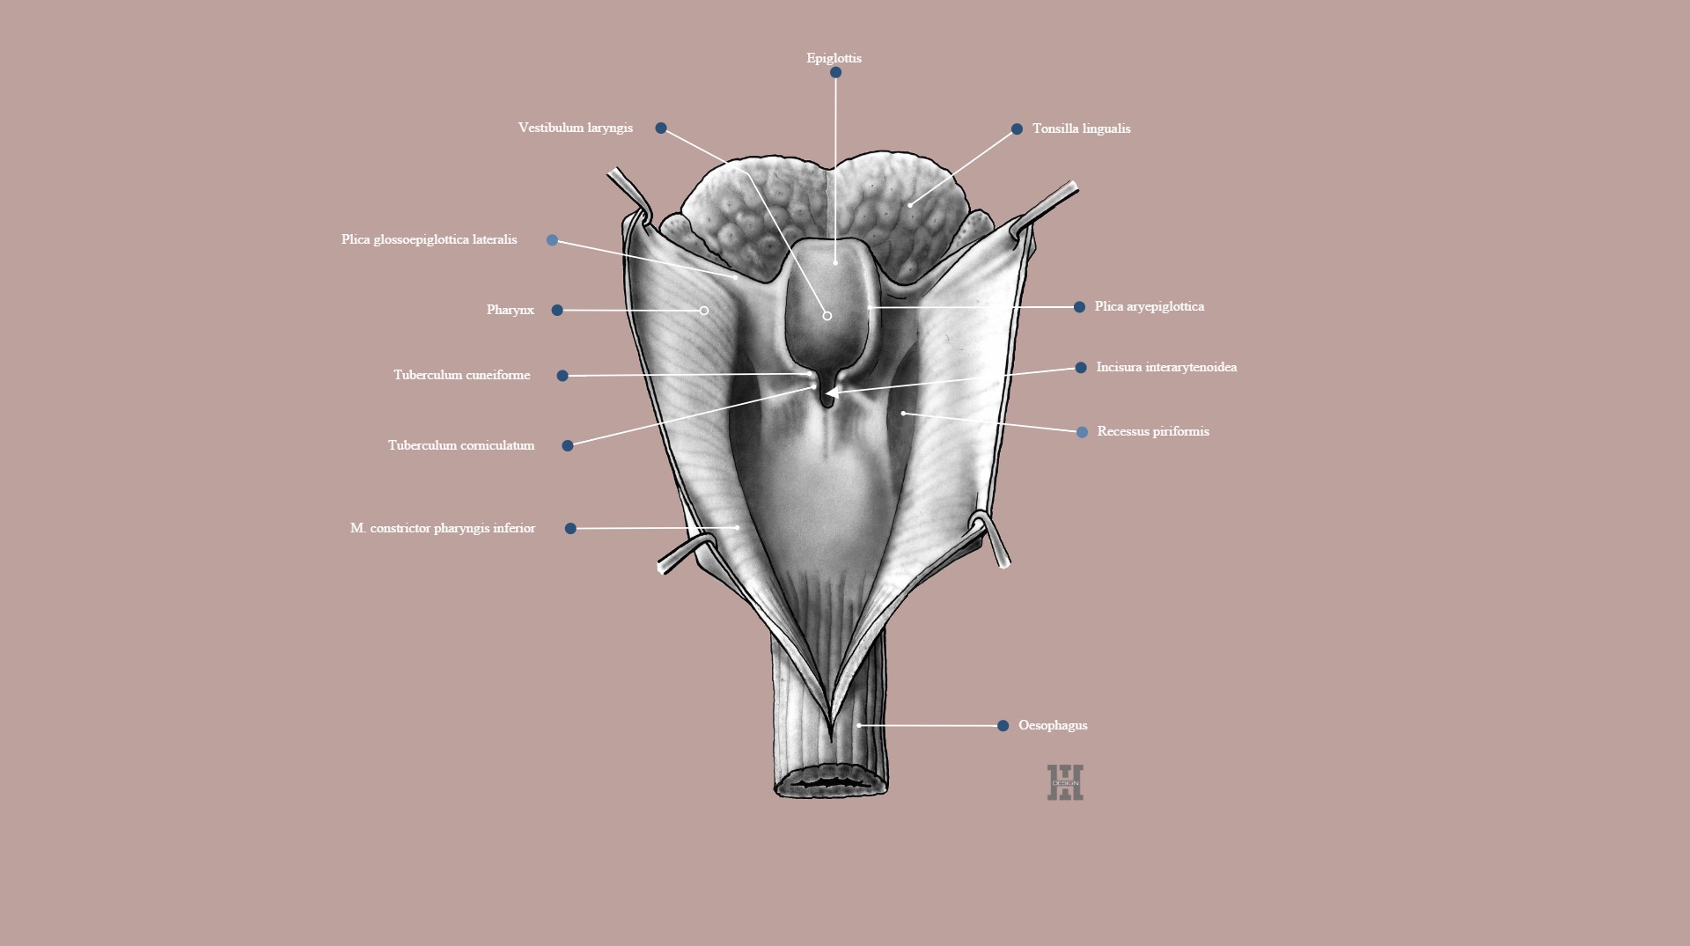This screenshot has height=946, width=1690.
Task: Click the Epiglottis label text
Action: (834, 58)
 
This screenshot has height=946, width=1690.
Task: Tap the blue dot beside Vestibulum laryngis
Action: (661, 128)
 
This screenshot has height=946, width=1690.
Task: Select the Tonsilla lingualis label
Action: (1081, 128)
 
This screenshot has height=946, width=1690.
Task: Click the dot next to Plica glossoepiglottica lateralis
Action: (552, 240)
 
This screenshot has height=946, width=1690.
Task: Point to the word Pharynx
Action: (511, 310)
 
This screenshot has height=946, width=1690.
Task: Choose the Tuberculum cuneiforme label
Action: (461, 375)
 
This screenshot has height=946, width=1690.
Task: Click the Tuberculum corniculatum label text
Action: (461, 445)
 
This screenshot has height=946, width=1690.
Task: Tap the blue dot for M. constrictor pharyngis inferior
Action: (570, 529)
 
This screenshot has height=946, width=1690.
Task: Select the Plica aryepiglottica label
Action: (1150, 306)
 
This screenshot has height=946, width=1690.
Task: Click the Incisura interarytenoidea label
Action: (1166, 367)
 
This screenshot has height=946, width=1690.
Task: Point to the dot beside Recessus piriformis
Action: (1082, 432)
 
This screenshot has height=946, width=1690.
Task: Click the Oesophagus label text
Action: (1053, 725)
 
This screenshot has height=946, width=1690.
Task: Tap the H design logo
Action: (1065, 782)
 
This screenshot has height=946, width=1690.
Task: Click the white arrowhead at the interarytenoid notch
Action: (832, 392)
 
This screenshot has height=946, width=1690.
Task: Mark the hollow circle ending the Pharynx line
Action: (704, 311)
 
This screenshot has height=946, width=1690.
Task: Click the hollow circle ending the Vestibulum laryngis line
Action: (827, 316)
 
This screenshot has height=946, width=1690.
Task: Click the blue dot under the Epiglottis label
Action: (835, 73)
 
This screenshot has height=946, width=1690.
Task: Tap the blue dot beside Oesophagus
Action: (1003, 726)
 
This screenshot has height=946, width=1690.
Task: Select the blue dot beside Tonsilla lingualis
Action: (1017, 129)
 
